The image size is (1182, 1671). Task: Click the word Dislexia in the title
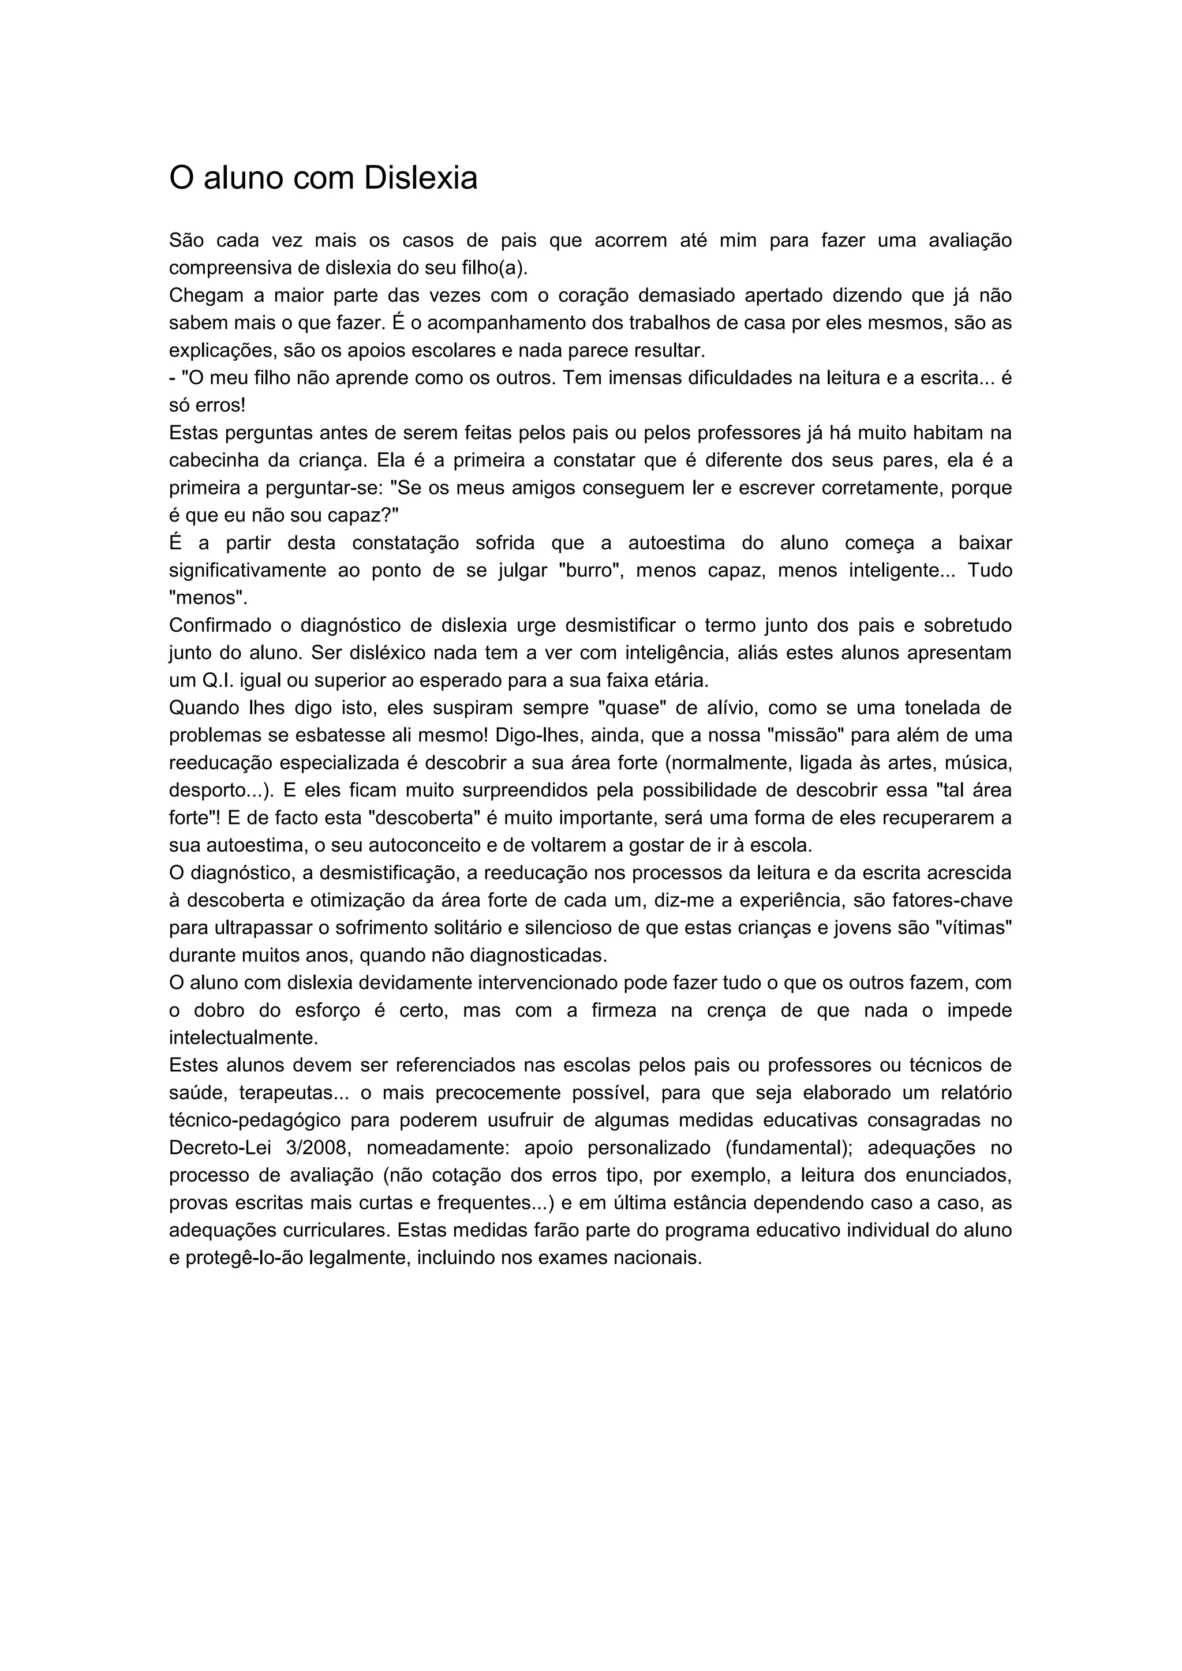click(x=420, y=178)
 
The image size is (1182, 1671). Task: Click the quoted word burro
click(x=586, y=571)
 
